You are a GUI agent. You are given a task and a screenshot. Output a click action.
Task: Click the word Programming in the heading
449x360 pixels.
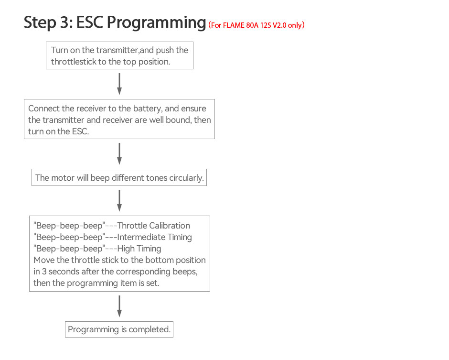pos(156,22)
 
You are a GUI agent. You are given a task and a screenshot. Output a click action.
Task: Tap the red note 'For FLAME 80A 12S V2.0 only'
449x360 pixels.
pos(257,25)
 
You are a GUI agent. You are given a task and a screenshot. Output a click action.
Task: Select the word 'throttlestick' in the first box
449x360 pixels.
pos(74,62)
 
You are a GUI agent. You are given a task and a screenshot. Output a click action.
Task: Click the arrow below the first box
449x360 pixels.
pos(119,84)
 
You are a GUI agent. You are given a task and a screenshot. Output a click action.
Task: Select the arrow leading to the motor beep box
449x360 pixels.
pos(119,154)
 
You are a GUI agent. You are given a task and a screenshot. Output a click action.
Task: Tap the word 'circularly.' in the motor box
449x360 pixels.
pos(186,178)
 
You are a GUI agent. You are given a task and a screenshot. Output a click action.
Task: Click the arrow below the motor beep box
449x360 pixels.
pos(119,201)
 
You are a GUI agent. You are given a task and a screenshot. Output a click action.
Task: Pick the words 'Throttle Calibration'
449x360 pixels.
pos(153,226)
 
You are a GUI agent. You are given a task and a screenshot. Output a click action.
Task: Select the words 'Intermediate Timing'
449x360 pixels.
pos(154,237)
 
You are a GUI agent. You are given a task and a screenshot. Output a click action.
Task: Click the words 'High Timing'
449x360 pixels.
pos(139,249)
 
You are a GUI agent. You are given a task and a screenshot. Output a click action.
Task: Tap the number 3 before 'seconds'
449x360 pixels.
pos(44,272)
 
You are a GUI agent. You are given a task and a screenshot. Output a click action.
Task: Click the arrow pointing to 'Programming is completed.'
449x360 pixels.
pos(119,306)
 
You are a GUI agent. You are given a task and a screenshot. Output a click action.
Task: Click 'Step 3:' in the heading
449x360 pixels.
pos(48,22)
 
